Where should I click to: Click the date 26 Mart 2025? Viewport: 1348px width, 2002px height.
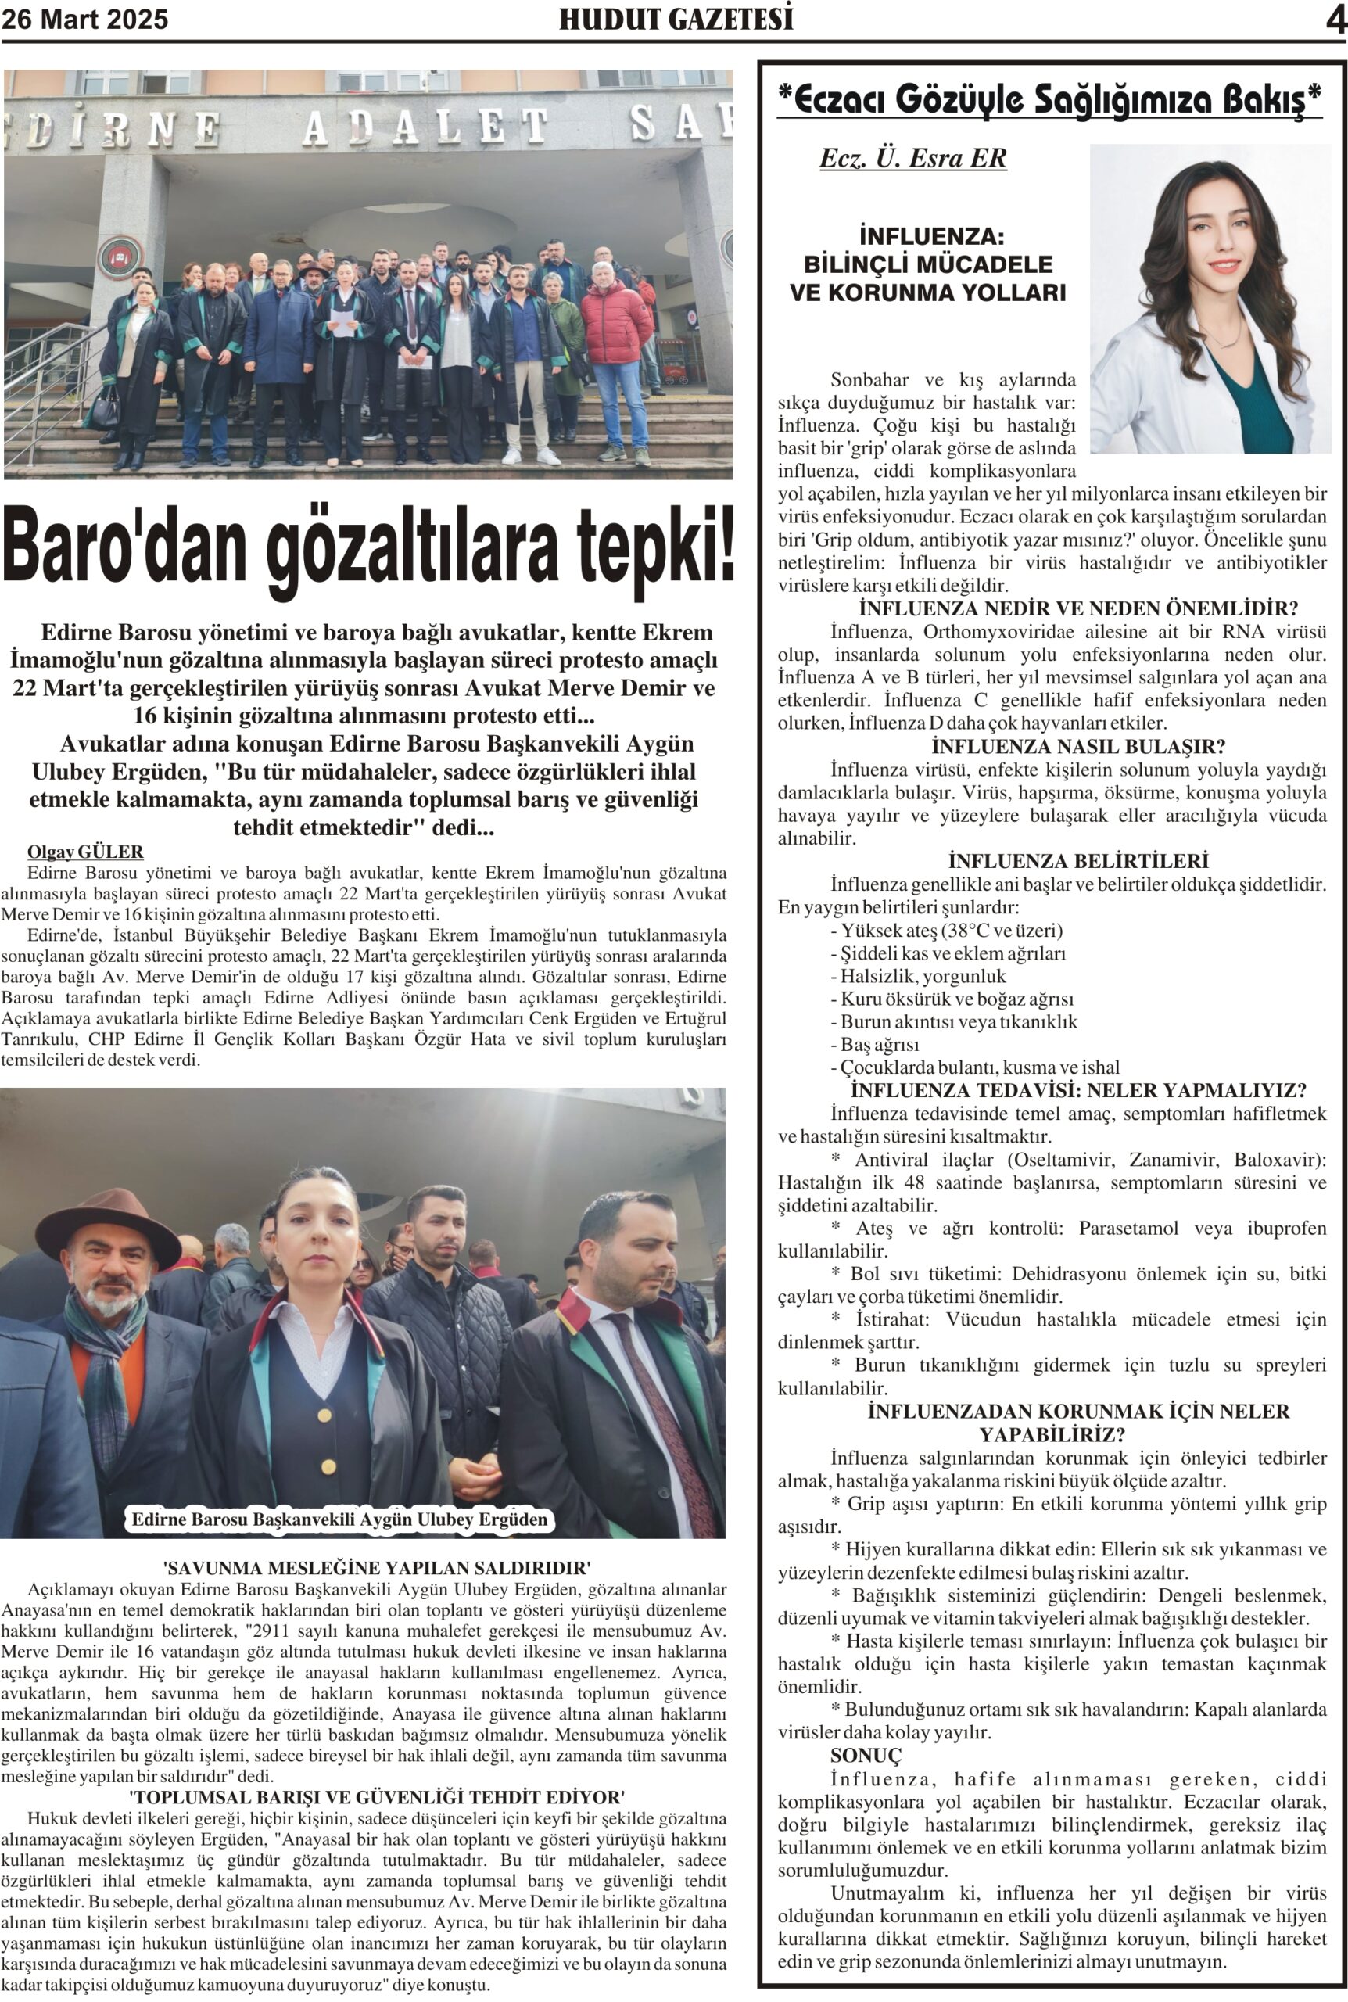pyautogui.click(x=85, y=19)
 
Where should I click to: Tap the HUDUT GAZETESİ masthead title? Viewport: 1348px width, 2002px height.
pyautogui.click(x=676, y=19)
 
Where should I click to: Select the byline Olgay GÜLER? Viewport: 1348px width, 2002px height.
pyautogui.click(x=85, y=852)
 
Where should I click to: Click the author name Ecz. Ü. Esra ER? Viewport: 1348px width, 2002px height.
pyautogui.click(x=912, y=159)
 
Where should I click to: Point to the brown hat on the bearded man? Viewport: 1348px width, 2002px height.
pyautogui.click(x=107, y=1220)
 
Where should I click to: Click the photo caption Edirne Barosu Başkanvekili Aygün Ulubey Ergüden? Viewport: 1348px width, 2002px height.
pyautogui.click(x=339, y=1519)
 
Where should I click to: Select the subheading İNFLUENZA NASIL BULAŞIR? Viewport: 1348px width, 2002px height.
pyautogui.click(x=1078, y=746)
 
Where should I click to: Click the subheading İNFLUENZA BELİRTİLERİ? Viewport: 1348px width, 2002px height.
pyautogui.click(x=1078, y=860)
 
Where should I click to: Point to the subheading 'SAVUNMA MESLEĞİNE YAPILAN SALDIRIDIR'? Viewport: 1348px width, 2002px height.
pyautogui.click(x=377, y=1567)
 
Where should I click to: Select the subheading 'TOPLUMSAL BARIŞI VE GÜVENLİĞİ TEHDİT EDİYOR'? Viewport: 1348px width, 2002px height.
pyautogui.click(x=377, y=1796)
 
